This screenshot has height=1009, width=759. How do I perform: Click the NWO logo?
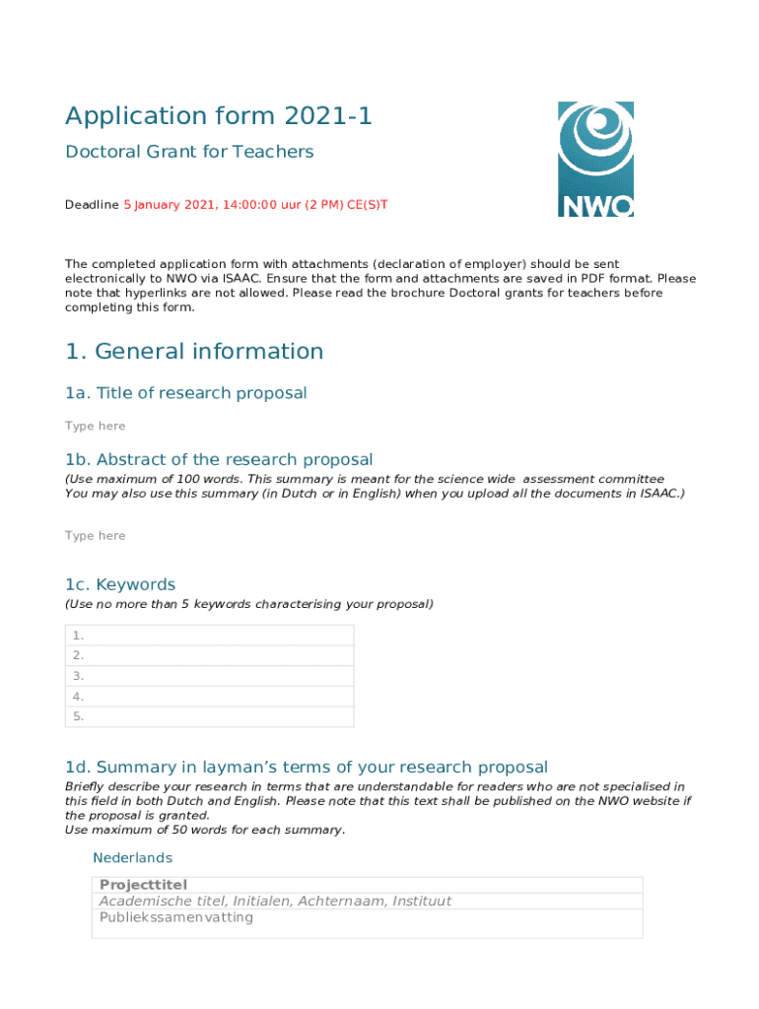[x=595, y=159]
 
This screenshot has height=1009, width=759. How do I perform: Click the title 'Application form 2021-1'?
[x=219, y=116]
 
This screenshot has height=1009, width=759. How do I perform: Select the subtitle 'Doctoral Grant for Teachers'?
[x=189, y=152]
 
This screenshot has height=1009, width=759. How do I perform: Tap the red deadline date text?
[x=255, y=205]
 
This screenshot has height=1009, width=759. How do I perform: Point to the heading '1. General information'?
[x=194, y=352]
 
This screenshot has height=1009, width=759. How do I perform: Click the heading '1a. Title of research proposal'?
[x=186, y=393]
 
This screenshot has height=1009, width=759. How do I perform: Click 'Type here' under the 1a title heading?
[x=96, y=426]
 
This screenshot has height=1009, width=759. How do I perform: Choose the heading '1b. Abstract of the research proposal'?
[x=219, y=459]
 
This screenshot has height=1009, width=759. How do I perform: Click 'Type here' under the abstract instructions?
[x=96, y=535]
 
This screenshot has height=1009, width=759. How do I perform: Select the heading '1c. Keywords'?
[x=120, y=584]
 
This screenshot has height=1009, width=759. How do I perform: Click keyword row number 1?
[x=209, y=636]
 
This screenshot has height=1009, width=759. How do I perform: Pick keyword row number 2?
[x=209, y=655]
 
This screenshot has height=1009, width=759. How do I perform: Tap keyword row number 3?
[x=209, y=676]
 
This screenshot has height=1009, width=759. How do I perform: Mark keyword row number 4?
[x=209, y=697]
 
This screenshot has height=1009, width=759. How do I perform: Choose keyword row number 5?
[x=209, y=716]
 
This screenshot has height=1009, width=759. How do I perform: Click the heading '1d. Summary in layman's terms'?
[x=307, y=768]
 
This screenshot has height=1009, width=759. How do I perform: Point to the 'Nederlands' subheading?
[x=132, y=858]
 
